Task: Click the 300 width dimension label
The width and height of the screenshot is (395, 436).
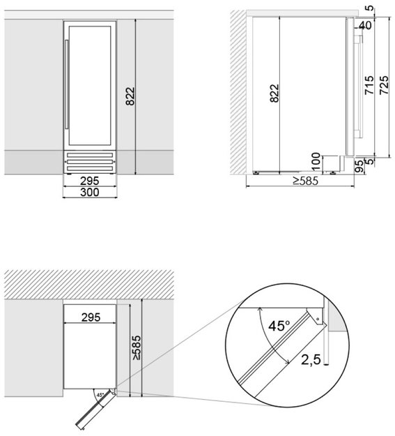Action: click(89, 192)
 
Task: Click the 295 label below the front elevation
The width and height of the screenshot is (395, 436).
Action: click(89, 181)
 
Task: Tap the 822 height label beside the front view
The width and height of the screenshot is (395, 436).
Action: click(130, 96)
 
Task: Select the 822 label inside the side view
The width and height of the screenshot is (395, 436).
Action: click(274, 93)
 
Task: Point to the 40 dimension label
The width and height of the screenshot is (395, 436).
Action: click(365, 25)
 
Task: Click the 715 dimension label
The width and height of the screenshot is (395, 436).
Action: click(369, 85)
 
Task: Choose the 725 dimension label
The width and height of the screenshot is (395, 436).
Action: click(384, 85)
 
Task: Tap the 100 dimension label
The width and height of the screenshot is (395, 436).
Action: click(316, 162)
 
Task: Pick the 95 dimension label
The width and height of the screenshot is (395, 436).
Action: click(359, 166)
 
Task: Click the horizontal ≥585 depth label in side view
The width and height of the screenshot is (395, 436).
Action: click(305, 181)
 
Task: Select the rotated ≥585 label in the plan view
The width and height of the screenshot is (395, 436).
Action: click(137, 347)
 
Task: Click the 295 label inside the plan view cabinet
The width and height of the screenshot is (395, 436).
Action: click(91, 317)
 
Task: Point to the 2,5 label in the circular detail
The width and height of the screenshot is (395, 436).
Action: click(311, 360)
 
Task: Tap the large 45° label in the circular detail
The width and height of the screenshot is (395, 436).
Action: click(279, 326)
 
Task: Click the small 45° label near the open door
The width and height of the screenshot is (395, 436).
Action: click(100, 395)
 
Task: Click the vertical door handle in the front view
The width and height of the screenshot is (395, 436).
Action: click(66, 84)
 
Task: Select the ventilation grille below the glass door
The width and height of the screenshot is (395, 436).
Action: click(90, 162)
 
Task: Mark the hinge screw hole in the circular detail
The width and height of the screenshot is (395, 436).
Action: click(318, 319)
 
